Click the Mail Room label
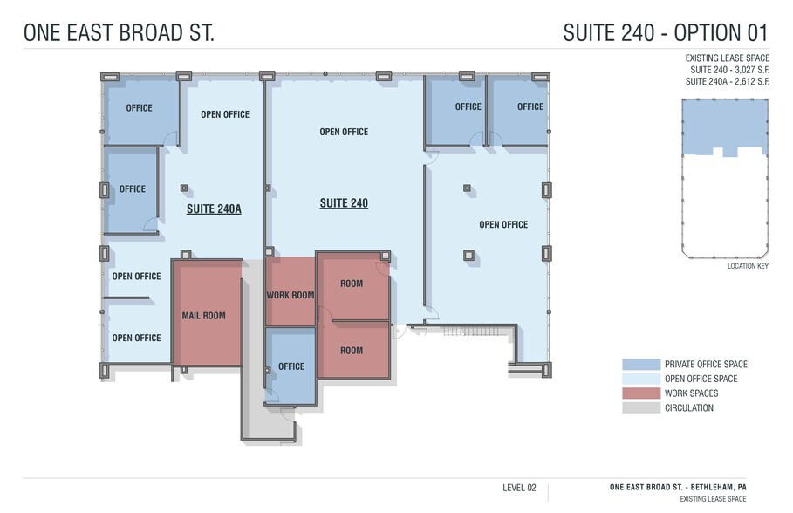pyautogui.click(x=203, y=316)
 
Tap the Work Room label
pyautogui.click(x=290, y=296)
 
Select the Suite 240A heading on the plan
pyautogui.click(x=214, y=210)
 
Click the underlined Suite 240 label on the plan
pyautogui.click(x=344, y=203)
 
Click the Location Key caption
pyautogui.click(x=747, y=265)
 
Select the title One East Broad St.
pyautogui.click(x=119, y=33)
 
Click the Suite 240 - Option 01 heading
pyautogui.click(x=665, y=33)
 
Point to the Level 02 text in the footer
pyautogui.click(x=519, y=488)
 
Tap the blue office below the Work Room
pyautogui.click(x=291, y=366)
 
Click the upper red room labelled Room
pyautogui.click(x=352, y=284)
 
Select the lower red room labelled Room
pyautogui.click(x=352, y=351)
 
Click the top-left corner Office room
pyautogui.click(x=140, y=108)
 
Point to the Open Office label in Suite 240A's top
pyautogui.click(x=225, y=114)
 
